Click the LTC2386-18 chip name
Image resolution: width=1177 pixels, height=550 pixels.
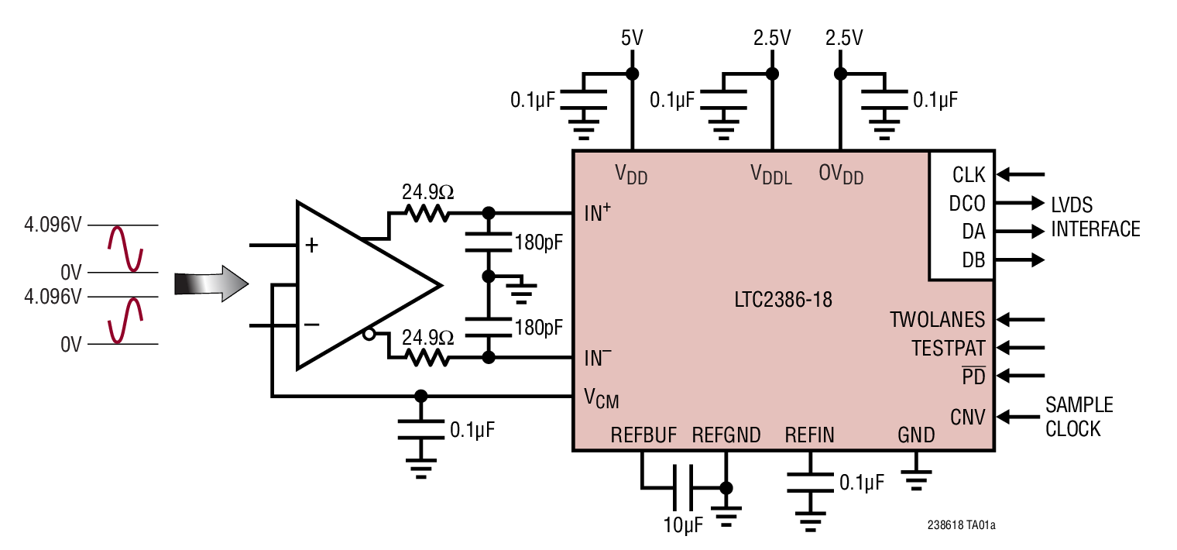tap(783, 300)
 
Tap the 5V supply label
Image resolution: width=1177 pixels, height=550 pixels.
tap(633, 37)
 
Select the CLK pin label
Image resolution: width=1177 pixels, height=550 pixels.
tap(968, 175)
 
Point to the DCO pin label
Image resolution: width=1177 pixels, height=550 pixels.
tap(967, 204)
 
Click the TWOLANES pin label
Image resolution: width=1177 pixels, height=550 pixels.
tap(937, 319)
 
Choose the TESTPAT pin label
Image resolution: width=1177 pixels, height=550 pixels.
tap(948, 348)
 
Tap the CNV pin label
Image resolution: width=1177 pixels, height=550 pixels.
tap(968, 417)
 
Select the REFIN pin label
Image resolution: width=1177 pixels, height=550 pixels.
tap(809, 435)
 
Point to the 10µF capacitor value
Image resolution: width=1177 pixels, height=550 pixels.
tap(683, 526)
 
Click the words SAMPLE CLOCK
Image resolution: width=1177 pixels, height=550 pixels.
tap(1079, 417)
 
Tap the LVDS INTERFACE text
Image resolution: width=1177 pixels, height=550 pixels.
tap(1095, 217)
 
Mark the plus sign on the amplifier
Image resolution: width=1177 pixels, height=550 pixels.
tap(311, 246)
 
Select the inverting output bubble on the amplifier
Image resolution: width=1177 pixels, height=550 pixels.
tap(369, 335)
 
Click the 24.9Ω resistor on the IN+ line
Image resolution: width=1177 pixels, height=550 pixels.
tap(425, 213)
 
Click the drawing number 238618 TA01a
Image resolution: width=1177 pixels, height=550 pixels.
tap(960, 525)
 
